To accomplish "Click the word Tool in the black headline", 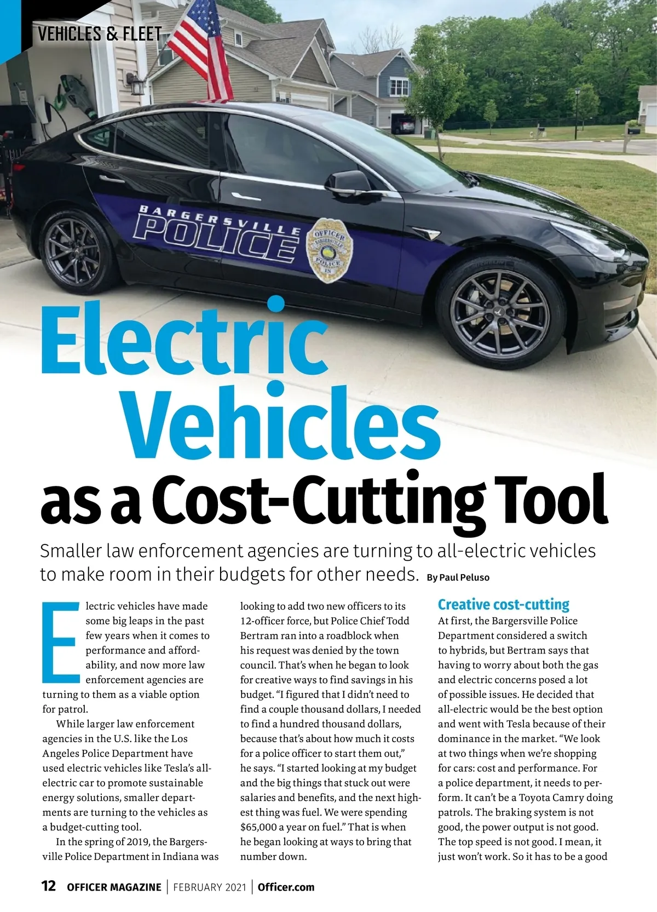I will [x=553, y=499].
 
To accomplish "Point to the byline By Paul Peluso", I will [x=458, y=577].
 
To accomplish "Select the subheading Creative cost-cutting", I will [x=503, y=605].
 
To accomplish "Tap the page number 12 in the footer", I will [x=49, y=886].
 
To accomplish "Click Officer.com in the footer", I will [x=286, y=887].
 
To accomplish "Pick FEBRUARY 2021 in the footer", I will [x=209, y=887].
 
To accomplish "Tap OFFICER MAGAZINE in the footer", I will [x=114, y=887].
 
